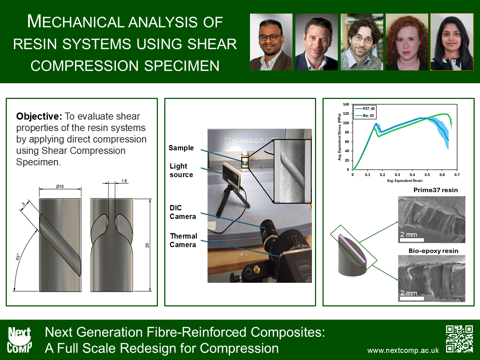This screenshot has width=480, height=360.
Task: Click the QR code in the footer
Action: [459, 339]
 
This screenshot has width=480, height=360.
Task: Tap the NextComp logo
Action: [19, 340]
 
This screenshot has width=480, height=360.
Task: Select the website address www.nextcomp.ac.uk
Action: [403, 351]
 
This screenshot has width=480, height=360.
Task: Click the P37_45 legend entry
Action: [365, 109]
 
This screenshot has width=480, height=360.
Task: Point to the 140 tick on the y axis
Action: [346, 104]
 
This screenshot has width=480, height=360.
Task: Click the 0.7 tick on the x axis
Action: [457, 175]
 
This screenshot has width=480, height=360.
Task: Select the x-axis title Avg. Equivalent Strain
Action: [405, 181]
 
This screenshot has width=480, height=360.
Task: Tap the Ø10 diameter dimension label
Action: [60, 186]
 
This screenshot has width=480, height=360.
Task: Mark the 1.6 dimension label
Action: [124, 181]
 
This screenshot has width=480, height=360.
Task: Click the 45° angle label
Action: [18, 257]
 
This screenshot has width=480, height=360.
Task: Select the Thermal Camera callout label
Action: [184, 240]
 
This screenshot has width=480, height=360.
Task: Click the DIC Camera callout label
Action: [183, 212]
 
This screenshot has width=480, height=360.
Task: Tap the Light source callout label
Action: [181, 170]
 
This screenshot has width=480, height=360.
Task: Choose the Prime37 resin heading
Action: [436, 190]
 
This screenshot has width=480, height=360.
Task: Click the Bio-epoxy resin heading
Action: [434, 251]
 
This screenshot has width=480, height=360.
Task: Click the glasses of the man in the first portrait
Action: [270, 37]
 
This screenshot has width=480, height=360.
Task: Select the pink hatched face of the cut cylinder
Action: [352, 249]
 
